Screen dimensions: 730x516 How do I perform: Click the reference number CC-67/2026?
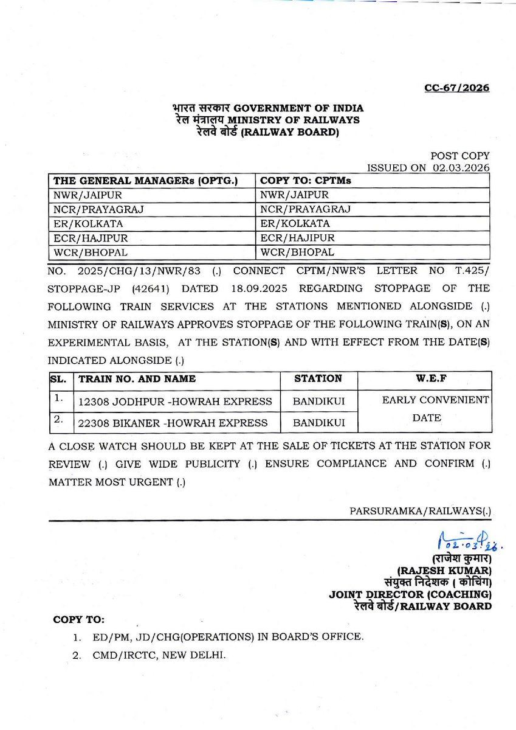click(456, 88)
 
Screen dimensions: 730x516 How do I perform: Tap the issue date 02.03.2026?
click(461, 169)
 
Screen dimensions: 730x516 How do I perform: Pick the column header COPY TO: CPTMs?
click(306, 181)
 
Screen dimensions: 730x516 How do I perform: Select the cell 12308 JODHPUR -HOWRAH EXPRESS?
click(175, 401)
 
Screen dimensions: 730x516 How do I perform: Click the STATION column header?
click(318, 378)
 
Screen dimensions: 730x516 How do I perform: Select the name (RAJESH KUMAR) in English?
click(444, 571)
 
